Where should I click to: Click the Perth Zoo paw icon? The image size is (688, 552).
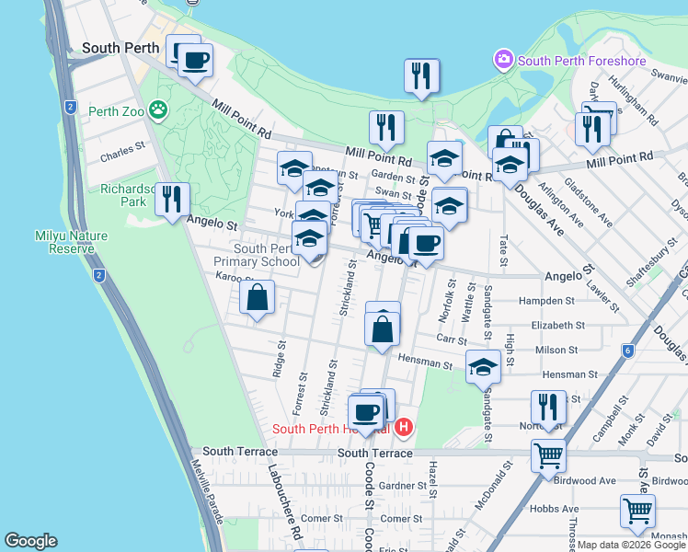[x=159, y=110]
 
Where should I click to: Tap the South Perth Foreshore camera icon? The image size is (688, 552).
[x=503, y=61]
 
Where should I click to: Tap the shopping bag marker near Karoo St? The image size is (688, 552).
[x=257, y=297]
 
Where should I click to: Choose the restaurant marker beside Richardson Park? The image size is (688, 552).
[x=172, y=199]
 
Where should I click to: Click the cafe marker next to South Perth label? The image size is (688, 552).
[x=194, y=61]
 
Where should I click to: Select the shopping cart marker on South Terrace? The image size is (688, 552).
[x=548, y=454]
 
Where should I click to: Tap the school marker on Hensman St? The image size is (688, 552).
[x=483, y=367]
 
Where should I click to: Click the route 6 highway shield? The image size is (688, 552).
[x=627, y=351]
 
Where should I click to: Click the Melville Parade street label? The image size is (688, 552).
[x=208, y=501]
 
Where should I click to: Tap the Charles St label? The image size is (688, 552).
[x=124, y=145]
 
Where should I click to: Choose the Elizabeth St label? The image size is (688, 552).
[x=557, y=326]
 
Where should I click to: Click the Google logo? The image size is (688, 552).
[x=30, y=541]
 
